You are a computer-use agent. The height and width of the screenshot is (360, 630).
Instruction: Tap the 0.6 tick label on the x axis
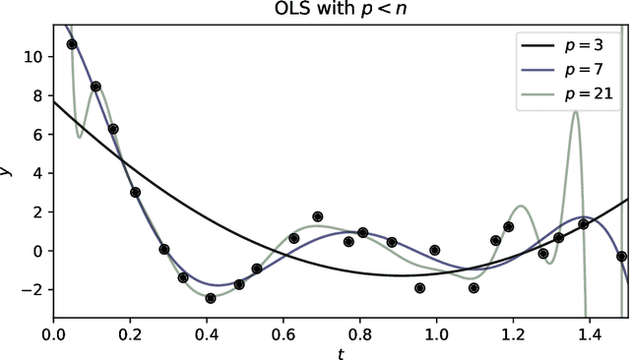[x=283, y=333]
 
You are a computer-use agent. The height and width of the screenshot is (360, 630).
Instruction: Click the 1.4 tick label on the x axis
[x=589, y=333]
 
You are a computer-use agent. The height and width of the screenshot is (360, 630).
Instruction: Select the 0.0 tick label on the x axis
[x=53, y=333]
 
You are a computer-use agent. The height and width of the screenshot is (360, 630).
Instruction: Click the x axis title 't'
[x=341, y=351]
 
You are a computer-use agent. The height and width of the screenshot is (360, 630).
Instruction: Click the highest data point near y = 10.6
[x=72, y=44]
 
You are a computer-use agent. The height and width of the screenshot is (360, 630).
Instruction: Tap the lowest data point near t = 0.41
[x=211, y=298]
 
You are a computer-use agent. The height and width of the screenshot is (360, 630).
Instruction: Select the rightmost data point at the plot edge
[x=622, y=256]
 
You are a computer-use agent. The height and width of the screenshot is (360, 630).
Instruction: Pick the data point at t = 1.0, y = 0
[x=435, y=250]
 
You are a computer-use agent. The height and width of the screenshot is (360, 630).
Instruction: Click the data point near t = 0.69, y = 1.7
[x=318, y=216]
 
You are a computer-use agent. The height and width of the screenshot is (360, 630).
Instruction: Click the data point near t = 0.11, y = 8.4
[x=95, y=87]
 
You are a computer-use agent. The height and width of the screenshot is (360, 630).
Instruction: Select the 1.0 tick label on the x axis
[x=436, y=333]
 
